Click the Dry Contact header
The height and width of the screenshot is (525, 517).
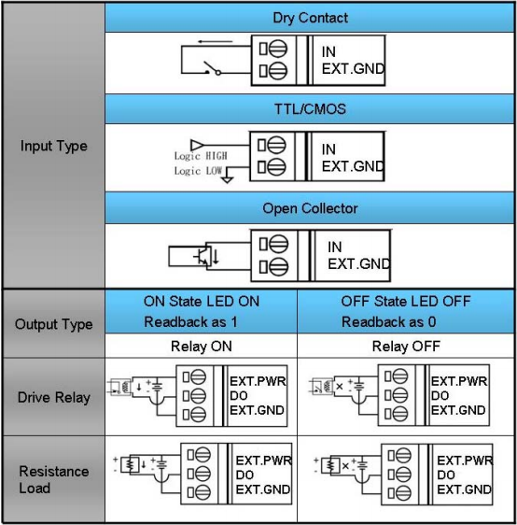coord(310,18)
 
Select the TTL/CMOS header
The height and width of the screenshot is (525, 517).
coord(310,109)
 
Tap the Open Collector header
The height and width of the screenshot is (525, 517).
coord(310,208)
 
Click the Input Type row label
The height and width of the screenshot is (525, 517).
coord(54,147)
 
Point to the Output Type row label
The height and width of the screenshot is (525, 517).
coord(54,324)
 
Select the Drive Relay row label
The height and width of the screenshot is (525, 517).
coord(54,397)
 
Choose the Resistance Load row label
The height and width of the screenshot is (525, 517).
coord(54,479)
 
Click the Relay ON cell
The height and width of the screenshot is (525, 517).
coord(202,347)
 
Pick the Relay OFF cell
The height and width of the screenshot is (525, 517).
coord(406,347)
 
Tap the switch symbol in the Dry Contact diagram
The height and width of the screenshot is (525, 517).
coord(213,68)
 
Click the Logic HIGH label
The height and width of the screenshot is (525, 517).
coord(201,156)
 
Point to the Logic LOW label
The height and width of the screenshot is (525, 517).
coord(198,171)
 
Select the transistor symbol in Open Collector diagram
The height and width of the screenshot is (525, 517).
coord(203,256)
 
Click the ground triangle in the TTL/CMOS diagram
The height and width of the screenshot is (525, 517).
coord(228,180)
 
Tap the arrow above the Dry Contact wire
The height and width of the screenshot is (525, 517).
coord(215,42)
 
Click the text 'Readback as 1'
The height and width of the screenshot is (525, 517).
coord(190,322)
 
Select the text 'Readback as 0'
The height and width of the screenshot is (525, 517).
coord(388,322)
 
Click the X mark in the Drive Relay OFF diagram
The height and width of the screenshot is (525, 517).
coord(340,387)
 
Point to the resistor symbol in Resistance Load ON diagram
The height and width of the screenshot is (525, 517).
coord(130,464)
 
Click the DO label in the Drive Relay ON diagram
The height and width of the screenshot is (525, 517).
coord(238,396)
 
